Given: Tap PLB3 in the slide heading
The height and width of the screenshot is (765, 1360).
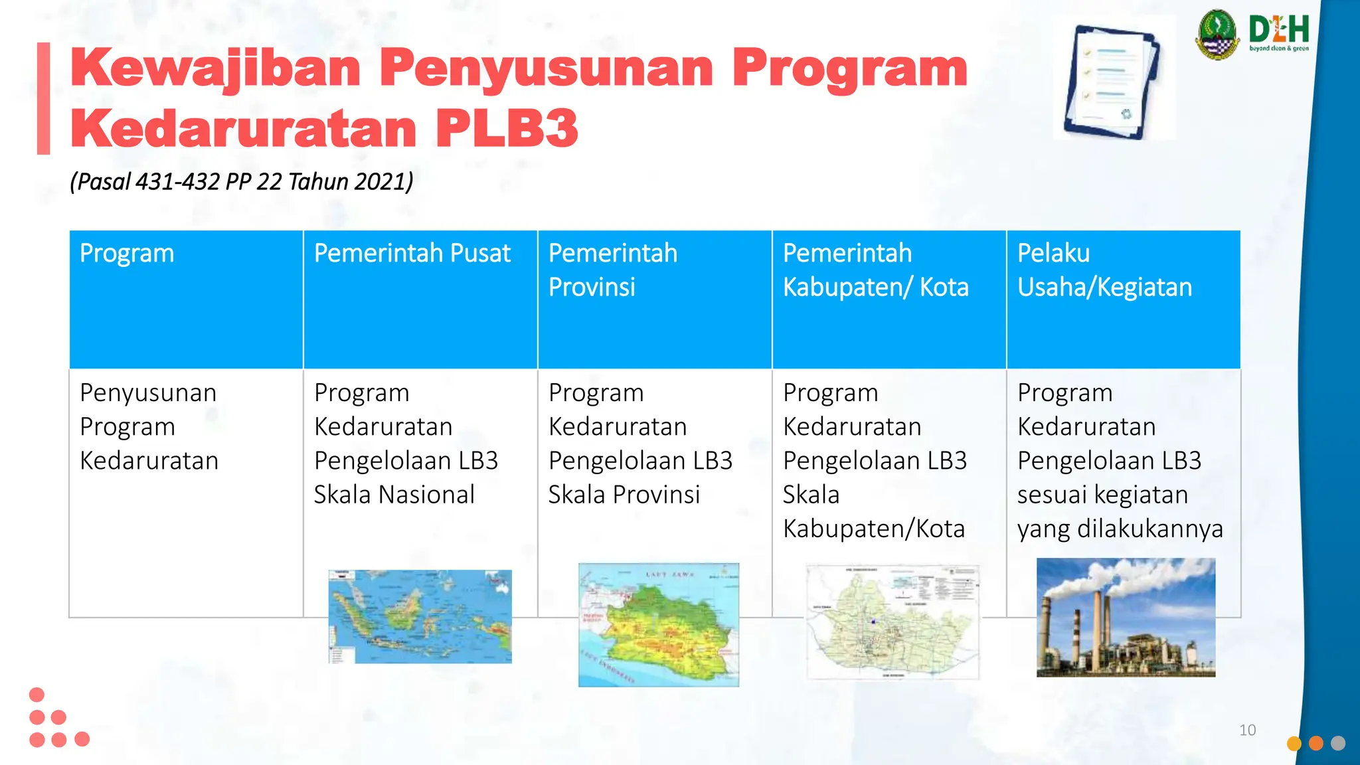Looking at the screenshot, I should pos(507,128).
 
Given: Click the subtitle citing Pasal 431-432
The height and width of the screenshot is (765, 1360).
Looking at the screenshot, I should pos(242,181).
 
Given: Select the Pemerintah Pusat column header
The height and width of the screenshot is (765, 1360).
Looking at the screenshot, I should pos(412,254).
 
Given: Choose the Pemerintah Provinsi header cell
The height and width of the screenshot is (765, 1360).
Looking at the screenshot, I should pos(612,270).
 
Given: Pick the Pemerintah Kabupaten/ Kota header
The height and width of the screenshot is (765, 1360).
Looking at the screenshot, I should pos(875,270).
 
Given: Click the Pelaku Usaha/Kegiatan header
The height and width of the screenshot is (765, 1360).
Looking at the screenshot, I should pos(1104,270).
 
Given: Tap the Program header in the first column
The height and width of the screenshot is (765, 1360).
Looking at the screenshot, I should pos(127,254).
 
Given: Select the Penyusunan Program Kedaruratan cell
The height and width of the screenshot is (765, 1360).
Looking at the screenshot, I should pos(149,426).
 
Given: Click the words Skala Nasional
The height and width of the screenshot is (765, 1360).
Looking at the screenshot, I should pos(394,495).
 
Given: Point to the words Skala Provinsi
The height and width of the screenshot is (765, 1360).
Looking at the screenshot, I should pos(624,495).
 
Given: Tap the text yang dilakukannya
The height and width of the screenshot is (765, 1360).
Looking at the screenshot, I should pos(1120,529).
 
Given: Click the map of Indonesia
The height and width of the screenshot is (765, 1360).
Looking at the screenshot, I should pos(420,616).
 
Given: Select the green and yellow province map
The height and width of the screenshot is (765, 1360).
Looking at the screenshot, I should pos(658,625).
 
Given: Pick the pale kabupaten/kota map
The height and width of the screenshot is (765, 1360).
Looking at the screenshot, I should pos(892,622).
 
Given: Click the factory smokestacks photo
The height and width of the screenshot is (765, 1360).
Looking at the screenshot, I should pos(1126,618).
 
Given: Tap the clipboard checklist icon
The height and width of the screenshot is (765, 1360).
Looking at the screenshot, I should pos(1112,81).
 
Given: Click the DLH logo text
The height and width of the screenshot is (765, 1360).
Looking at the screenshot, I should pos(1278,31).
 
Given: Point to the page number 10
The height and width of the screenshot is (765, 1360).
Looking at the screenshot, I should pos(1247,730).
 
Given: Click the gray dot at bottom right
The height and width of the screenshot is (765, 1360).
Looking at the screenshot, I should pos(1338,743).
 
